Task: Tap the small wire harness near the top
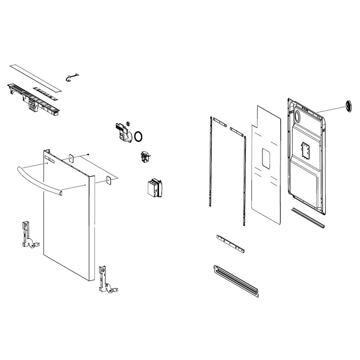coord(72,77)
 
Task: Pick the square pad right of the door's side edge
coord(108,180)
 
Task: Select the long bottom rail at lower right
coord(236,281)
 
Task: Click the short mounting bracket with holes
coord(230,244)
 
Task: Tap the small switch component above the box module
coord(146,157)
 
